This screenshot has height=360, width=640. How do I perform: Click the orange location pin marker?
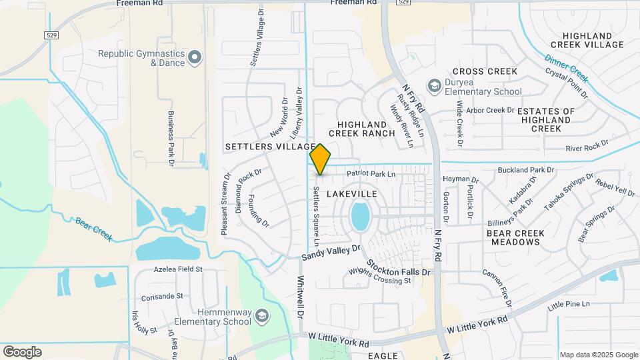[321, 159]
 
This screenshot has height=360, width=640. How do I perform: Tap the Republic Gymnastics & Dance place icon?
[195, 58]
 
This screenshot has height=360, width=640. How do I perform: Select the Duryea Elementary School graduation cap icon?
[435, 85]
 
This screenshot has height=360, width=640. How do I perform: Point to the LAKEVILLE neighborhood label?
[352, 194]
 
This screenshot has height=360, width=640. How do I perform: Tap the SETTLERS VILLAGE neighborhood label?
[269, 147]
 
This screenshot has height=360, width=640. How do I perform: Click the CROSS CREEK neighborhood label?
[485, 71]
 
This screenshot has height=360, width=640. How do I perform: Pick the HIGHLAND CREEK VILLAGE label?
[593, 40]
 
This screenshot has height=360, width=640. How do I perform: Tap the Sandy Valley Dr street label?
[331, 253]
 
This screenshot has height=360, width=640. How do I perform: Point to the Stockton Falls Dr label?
[397, 272]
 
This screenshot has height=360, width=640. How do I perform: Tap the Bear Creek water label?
[94, 228]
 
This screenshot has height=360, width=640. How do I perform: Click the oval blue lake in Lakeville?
[360, 217]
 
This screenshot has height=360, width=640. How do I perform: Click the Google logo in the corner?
[22, 351]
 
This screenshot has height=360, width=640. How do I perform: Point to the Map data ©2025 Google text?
[598, 355]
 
